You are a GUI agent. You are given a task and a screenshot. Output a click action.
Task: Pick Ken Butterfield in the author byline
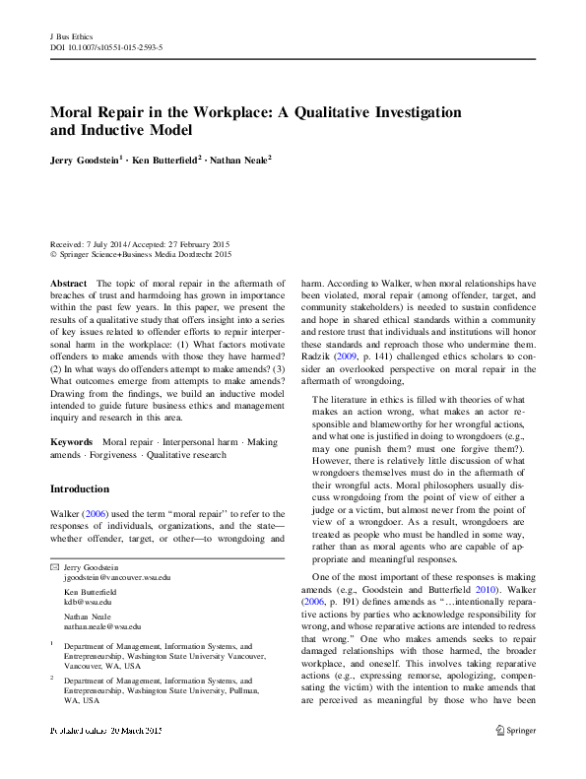(167, 159)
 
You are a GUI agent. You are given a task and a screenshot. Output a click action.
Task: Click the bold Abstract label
(68, 282)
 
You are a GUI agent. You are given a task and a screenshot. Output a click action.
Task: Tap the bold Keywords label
(72, 442)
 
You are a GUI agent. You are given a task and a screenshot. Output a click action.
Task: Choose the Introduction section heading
(80, 488)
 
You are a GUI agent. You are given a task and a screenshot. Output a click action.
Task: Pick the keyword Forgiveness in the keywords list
(118, 454)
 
